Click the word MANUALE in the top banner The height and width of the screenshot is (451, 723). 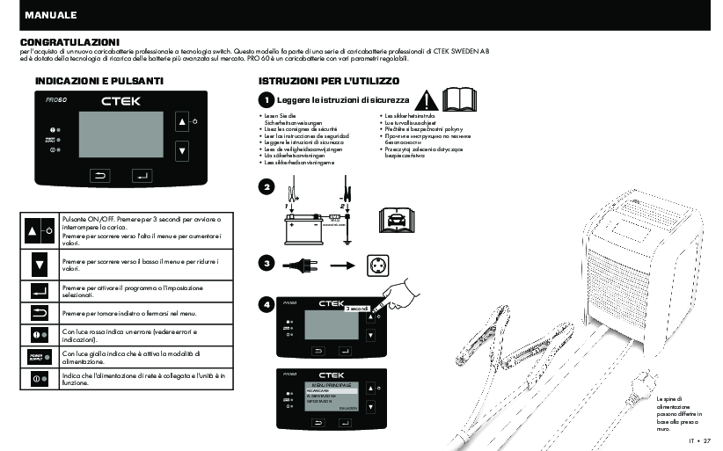click(51, 16)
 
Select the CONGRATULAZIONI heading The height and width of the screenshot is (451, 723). click(70, 41)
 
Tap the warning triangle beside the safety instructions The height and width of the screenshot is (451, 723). click(427, 100)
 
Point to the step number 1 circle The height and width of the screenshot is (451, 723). click(267, 102)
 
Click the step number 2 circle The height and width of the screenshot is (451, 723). click(267, 187)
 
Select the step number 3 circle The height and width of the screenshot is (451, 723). click(267, 263)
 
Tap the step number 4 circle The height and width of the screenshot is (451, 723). click(267, 304)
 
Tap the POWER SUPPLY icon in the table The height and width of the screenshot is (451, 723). click(39, 355)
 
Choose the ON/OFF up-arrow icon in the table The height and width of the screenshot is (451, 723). click(39, 230)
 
